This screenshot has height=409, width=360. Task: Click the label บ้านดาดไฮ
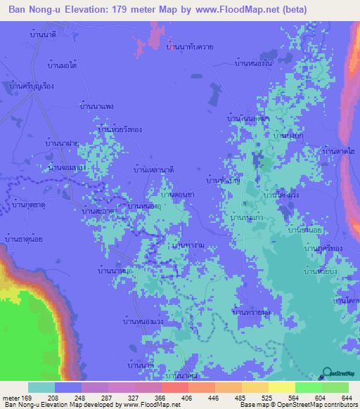[x=337, y=150]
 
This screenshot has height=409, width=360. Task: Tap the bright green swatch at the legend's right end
[x=335, y=387]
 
